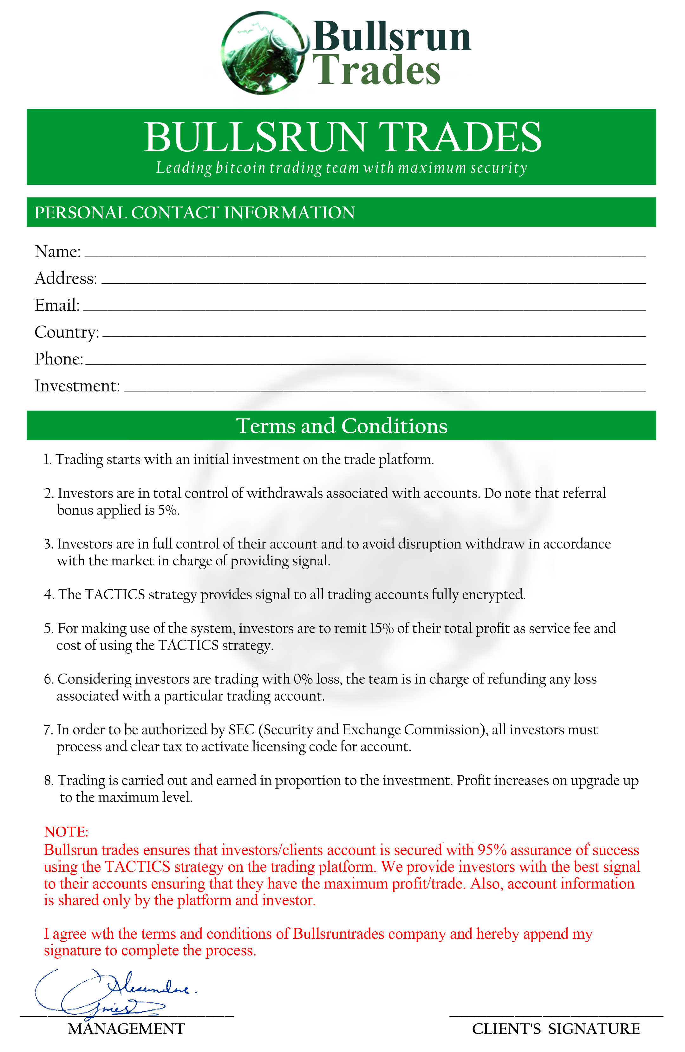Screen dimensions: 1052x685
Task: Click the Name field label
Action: [57, 251]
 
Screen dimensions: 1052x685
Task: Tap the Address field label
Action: [66, 278]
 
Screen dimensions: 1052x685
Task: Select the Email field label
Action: [57, 305]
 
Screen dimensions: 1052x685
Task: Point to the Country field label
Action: [67, 332]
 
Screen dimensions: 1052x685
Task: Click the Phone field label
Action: [59, 359]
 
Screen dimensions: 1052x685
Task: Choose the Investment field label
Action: [77, 386]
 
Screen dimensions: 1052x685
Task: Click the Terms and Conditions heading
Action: [342, 426]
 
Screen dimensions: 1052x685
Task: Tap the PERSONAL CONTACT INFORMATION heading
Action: [194, 213]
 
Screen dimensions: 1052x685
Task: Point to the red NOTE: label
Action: [66, 832]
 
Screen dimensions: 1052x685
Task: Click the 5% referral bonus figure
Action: [168, 510]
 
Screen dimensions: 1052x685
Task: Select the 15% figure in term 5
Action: [381, 628]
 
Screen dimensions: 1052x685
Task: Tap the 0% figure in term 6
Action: [303, 679]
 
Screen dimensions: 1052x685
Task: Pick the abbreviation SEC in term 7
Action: [241, 730]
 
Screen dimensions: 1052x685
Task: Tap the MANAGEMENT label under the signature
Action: [126, 1029]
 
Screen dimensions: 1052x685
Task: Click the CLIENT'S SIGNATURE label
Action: [556, 1029]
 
